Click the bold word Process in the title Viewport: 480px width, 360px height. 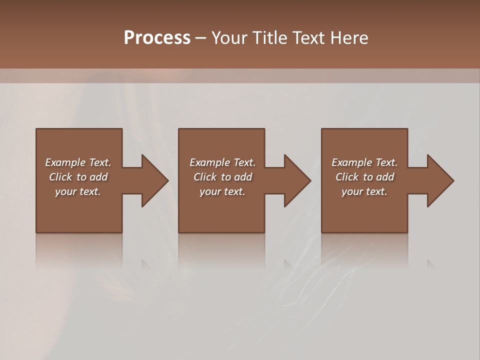(x=157, y=38)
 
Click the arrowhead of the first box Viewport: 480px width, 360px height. (x=154, y=180)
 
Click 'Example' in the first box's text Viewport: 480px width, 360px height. (x=64, y=162)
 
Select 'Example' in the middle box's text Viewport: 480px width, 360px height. (x=209, y=162)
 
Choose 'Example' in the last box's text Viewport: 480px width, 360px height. (x=351, y=162)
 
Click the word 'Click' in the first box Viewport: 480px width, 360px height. (x=60, y=177)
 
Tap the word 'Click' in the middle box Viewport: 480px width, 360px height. (x=205, y=177)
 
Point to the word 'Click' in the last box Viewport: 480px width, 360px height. (x=347, y=177)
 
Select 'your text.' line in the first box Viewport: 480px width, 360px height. (x=78, y=191)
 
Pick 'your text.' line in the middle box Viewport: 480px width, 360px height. (x=222, y=191)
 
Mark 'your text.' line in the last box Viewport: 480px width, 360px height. (x=364, y=191)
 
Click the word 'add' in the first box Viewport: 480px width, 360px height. (x=98, y=177)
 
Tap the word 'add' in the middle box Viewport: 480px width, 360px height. (x=243, y=177)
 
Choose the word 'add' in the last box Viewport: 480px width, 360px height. (x=385, y=177)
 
